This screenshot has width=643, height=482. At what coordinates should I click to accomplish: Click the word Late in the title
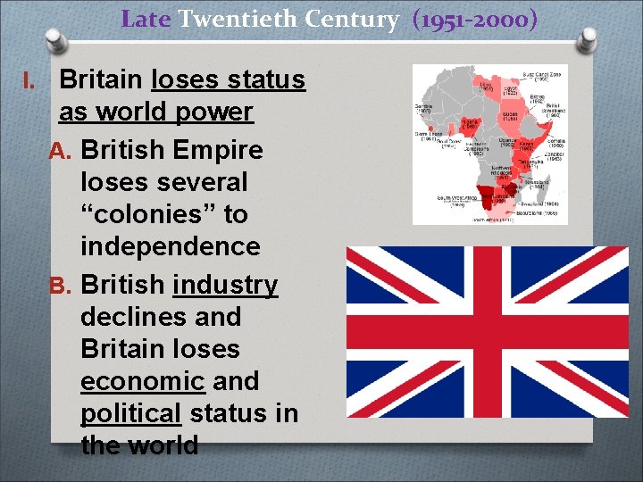coord(146,18)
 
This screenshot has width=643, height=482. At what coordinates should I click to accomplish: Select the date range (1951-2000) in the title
coord(475,18)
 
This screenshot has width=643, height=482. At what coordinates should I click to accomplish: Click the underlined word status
coord(265,79)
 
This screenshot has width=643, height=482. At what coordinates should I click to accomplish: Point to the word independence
coord(170,246)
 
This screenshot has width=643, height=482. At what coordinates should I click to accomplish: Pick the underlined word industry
coord(226,285)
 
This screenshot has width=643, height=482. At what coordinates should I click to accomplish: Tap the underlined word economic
coord(142,381)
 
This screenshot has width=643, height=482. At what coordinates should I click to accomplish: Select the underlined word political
coord(130,413)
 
